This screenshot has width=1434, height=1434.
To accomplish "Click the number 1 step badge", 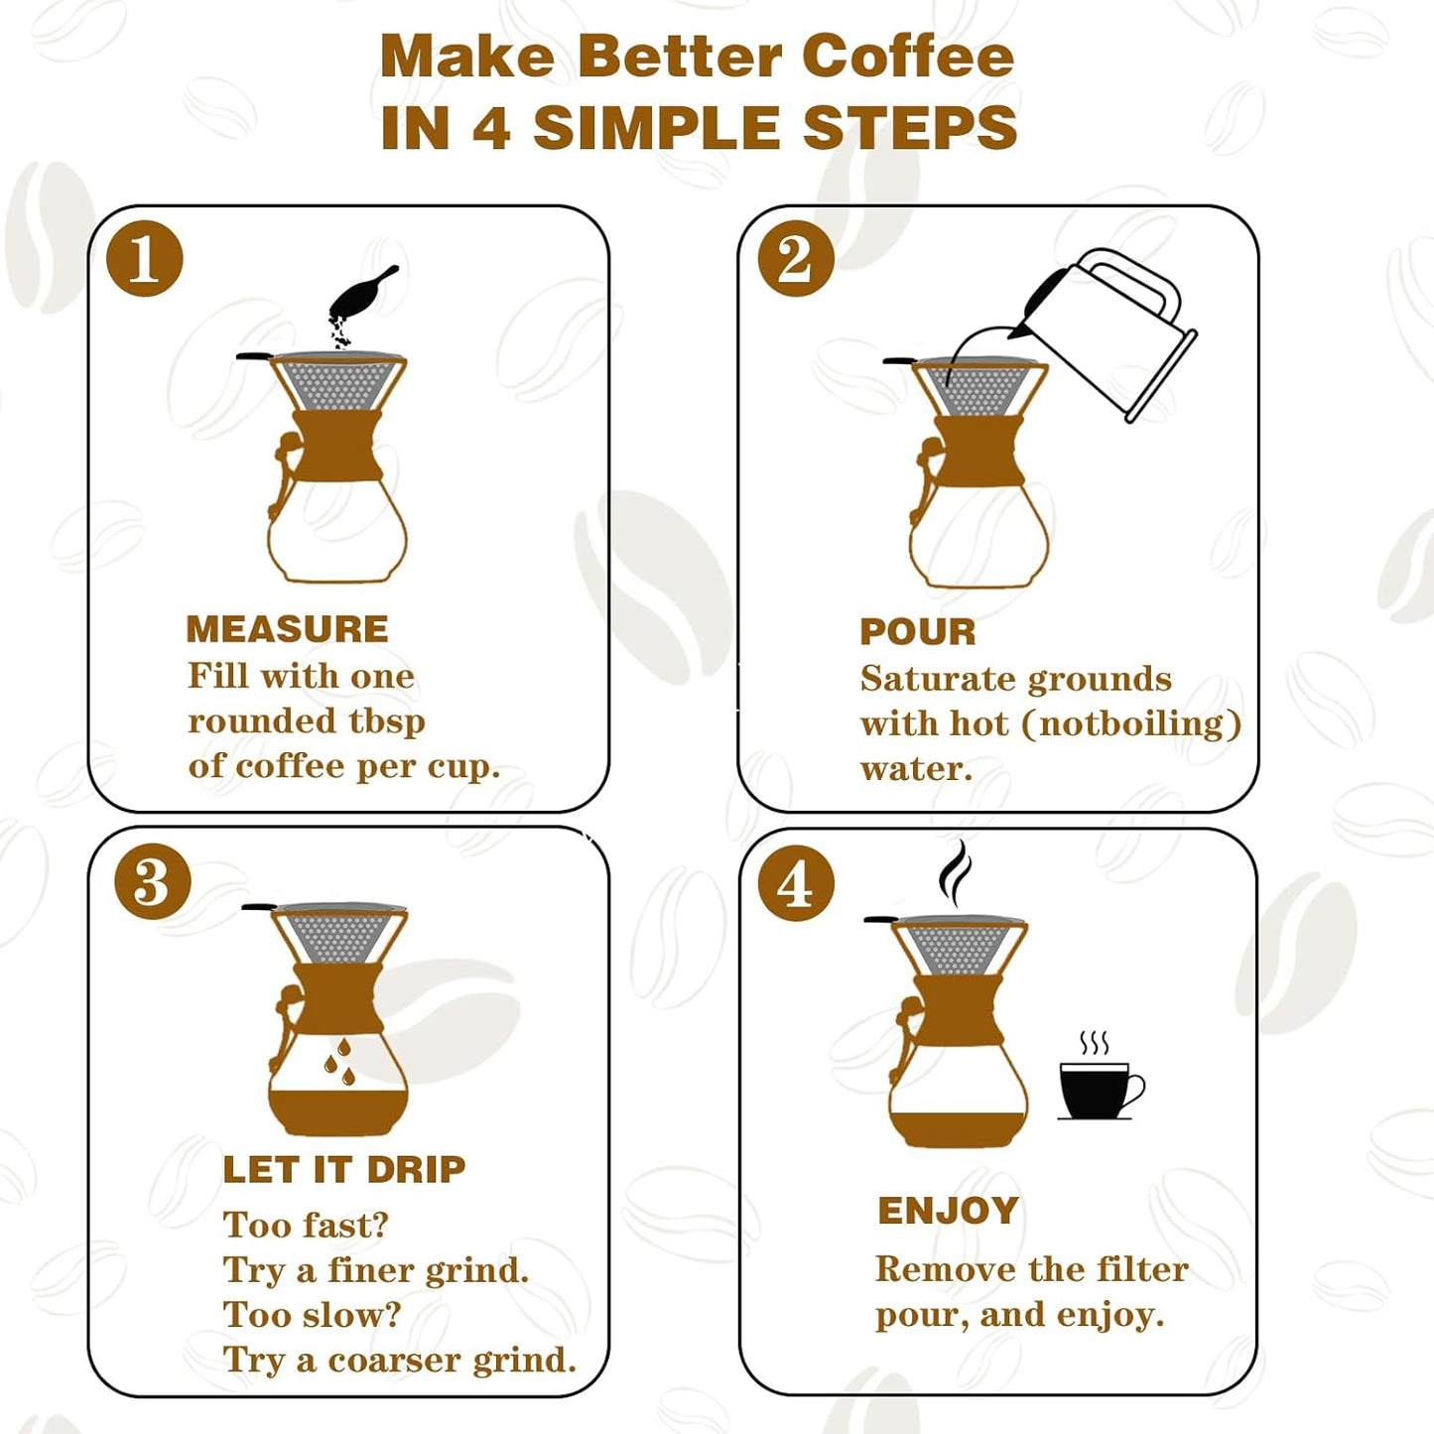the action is click(145, 259).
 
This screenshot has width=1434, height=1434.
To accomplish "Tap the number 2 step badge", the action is click(795, 259).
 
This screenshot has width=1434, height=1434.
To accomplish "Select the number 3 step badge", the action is click(153, 881).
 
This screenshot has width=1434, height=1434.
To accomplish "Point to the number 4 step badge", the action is click(795, 883).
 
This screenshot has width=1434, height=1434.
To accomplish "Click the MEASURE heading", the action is click(287, 629).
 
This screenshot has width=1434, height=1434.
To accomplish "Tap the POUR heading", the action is click(918, 632).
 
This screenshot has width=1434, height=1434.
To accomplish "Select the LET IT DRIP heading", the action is click(343, 1169).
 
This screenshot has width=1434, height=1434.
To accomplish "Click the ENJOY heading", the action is click(948, 1211).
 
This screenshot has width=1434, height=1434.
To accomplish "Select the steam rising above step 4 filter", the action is click(956, 872).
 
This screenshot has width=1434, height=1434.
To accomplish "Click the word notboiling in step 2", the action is click(1130, 723).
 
